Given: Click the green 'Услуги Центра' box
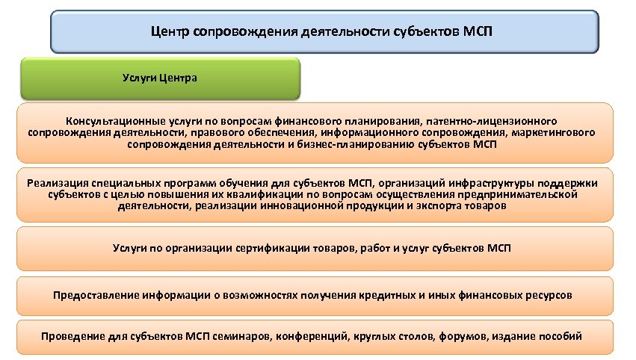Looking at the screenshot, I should [x=160, y=78].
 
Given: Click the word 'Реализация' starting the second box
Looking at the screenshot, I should [x=56, y=182].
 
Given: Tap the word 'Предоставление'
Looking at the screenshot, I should [x=94, y=294].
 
